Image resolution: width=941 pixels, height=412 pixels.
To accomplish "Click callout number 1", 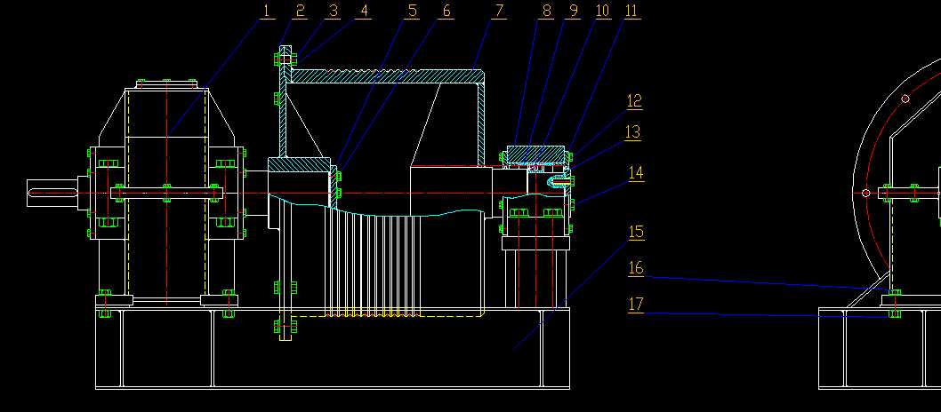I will point(267,11).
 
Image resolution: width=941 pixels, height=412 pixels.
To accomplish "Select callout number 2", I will point(301,11).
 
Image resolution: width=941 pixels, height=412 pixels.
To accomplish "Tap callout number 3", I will point(334,11).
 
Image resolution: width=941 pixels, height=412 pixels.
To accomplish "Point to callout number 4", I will point(364,11).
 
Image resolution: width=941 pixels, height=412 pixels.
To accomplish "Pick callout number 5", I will point(413,11).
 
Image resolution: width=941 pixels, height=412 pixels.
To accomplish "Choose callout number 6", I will point(446,11).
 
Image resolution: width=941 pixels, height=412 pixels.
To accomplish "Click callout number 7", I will point(500,11).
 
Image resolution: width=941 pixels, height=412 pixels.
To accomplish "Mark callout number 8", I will point(547,11).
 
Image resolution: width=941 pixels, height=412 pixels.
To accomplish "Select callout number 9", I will point(574,11).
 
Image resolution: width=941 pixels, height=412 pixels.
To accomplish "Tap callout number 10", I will point(602,11).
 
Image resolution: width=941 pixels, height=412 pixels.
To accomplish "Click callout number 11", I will point(631,11).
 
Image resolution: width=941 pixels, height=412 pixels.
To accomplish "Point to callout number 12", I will point(634,101).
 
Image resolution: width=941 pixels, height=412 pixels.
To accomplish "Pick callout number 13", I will point(634,132).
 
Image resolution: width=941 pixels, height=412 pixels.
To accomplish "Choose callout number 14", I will point(636,173).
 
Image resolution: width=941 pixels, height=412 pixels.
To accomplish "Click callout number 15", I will point(636,233).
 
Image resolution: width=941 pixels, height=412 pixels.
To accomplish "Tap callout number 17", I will point(636,305).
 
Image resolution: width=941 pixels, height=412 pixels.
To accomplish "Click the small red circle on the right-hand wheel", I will point(865,193).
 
